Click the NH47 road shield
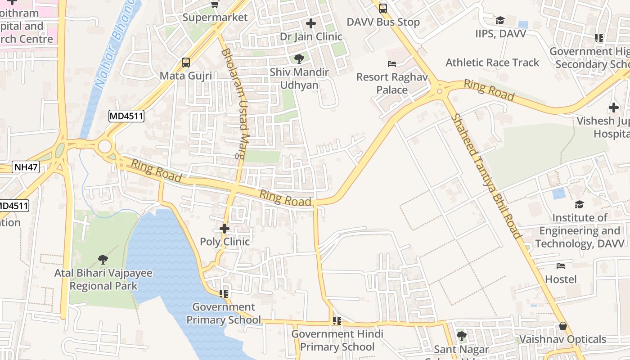point(26,167)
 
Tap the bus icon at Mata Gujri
point(185,63)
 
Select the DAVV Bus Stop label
point(383,22)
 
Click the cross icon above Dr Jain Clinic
point(310,23)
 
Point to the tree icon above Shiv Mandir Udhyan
point(299,58)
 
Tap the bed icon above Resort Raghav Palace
point(392,64)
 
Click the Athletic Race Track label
point(492,63)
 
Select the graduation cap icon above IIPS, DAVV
point(499,20)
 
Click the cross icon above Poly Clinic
point(224,229)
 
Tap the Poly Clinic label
point(225,242)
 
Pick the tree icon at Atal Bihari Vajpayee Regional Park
point(103,259)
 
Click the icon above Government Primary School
point(223,294)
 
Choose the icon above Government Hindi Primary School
point(337,321)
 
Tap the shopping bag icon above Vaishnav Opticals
point(562,326)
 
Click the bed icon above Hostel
point(560,266)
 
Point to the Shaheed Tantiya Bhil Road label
point(486,176)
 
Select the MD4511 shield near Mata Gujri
point(126,117)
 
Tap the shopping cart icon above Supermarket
point(215,4)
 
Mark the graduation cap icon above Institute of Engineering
point(579,204)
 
